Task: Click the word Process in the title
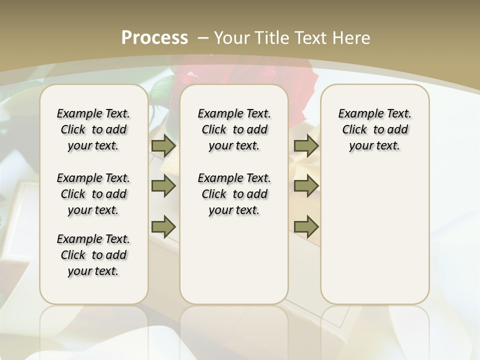[x=154, y=38]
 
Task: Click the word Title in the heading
[x=270, y=38]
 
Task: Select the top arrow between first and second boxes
[x=163, y=146]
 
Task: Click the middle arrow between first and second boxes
[x=163, y=186]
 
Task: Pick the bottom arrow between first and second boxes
[x=163, y=226]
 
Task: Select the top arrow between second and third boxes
[x=306, y=146]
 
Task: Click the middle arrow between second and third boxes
[x=306, y=186]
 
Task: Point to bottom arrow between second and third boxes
[x=306, y=226]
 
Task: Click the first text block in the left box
[x=93, y=129]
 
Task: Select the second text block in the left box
[x=93, y=194]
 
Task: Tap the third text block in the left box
[x=93, y=255]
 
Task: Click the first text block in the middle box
[x=234, y=129]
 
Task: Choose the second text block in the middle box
[x=234, y=194]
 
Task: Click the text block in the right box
[x=374, y=129]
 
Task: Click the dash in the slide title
[x=203, y=38]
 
